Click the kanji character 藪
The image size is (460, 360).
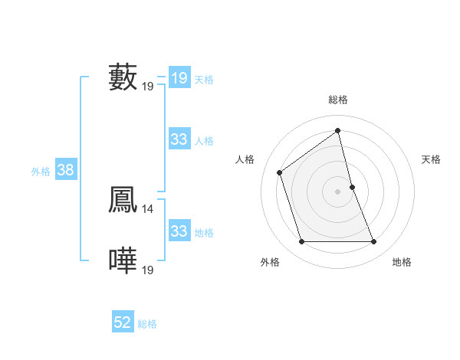pyautogui.click(x=123, y=77)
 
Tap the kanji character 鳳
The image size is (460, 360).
pyautogui.click(x=123, y=200)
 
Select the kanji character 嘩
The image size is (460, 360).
pyautogui.click(x=123, y=261)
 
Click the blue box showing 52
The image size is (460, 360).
pyautogui.click(x=123, y=323)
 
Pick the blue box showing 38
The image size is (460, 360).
pyautogui.click(x=65, y=170)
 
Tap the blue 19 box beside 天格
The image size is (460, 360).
pyautogui.click(x=179, y=78)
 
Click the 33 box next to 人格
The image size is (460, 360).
pyautogui.click(x=179, y=139)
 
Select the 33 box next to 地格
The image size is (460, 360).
pyautogui.click(x=179, y=231)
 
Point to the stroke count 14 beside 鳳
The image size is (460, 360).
pyautogui.click(x=148, y=208)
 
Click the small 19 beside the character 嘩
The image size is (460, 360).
pyautogui.click(x=148, y=270)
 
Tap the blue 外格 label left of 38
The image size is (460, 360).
pyautogui.click(x=41, y=172)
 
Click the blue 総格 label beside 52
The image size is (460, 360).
pyautogui.click(x=147, y=325)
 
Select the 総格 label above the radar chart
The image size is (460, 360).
pyautogui.click(x=337, y=100)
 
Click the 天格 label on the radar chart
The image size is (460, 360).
pyautogui.click(x=431, y=159)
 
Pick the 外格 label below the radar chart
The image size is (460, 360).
pyautogui.click(x=270, y=263)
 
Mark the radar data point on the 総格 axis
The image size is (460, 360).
pyautogui.click(x=337, y=131)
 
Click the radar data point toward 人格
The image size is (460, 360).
pyautogui.click(x=280, y=172)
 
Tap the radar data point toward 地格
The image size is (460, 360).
pyautogui.click(x=373, y=242)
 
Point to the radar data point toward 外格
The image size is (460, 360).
pyautogui.click(x=301, y=242)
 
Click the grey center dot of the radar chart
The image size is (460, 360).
pyautogui.click(x=337, y=191)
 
